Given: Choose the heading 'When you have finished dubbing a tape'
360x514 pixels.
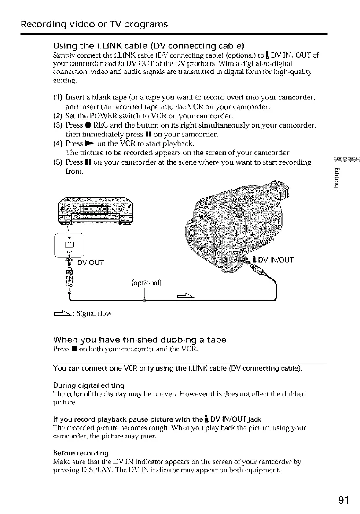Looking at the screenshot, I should (x=140, y=340).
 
